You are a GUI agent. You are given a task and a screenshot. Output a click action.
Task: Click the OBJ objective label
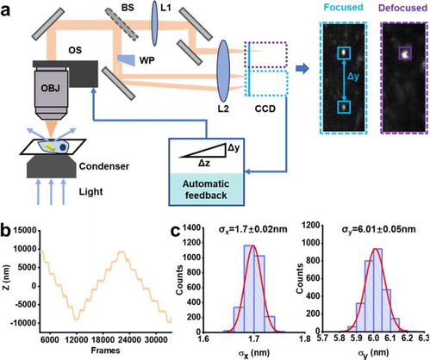[50, 88]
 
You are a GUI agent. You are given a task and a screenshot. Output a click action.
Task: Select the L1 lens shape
[155, 23]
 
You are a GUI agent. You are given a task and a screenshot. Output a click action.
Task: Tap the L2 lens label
[223, 109]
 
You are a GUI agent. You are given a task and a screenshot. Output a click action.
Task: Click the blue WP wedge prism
[127, 59]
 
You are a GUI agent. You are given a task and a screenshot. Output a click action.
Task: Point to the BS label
[128, 8]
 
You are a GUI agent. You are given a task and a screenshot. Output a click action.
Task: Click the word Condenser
[104, 166]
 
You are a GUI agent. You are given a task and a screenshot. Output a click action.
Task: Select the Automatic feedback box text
[206, 189]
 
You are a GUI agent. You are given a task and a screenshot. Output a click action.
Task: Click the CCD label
[265, 109]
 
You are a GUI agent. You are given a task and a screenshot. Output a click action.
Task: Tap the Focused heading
[343, 7]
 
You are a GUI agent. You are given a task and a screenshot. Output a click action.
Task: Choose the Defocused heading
[403, 8]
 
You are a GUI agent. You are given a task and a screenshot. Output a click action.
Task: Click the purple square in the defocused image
[405, 53]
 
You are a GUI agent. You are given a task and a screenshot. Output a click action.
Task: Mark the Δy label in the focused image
[353, 77]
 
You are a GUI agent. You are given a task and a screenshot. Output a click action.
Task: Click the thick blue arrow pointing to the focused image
[302, 69]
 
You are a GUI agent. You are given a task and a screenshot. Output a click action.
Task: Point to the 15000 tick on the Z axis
[25, 231]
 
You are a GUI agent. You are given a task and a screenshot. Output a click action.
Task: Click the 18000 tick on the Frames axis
[103, 340]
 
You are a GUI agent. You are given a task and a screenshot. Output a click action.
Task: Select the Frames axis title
[105, 351]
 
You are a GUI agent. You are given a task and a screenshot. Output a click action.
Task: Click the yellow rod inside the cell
[51, 146]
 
